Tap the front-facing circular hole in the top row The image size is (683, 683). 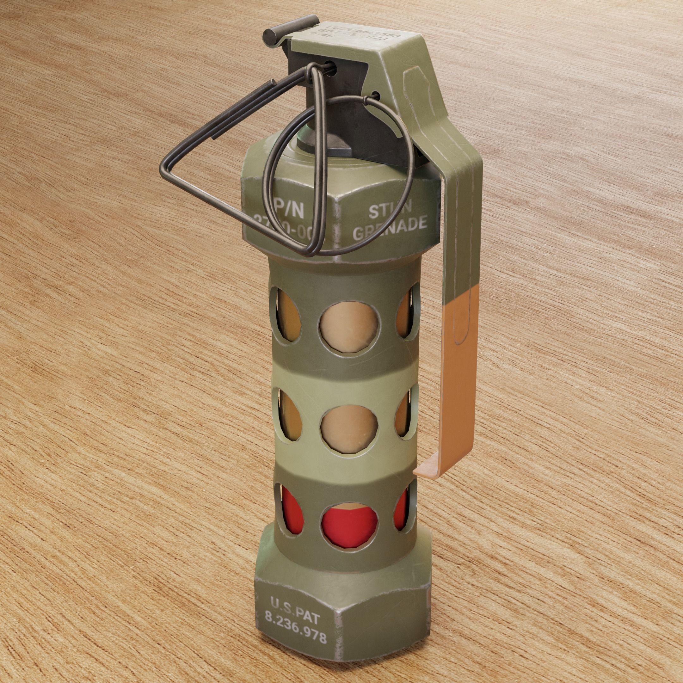[348, 326]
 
